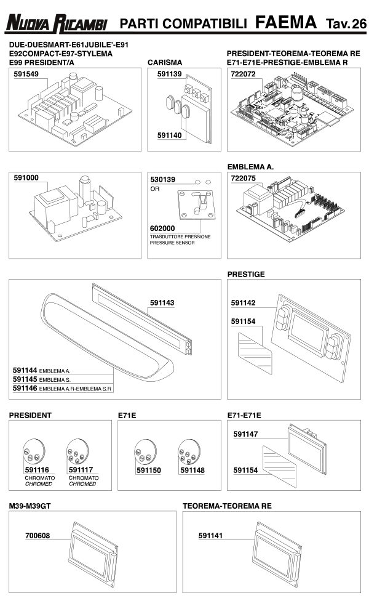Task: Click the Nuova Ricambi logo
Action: pyautogui.click(x=57, y=24)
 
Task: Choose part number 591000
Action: pyautogui.click(x=26, y=177)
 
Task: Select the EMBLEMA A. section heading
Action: pyautogui.click(x=250, y=167)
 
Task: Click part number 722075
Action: pyautogui.click(x=243, y=178)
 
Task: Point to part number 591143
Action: pyautogui.click(x=162, y=302)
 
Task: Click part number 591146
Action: pyautogui.click(x=25, y=389)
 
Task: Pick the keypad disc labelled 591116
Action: pyautogui.click(x=33, y=455)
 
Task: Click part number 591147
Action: pyautogui.click(x=246, y=434)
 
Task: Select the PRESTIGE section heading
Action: pyautogui.click(x=246, y=275)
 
